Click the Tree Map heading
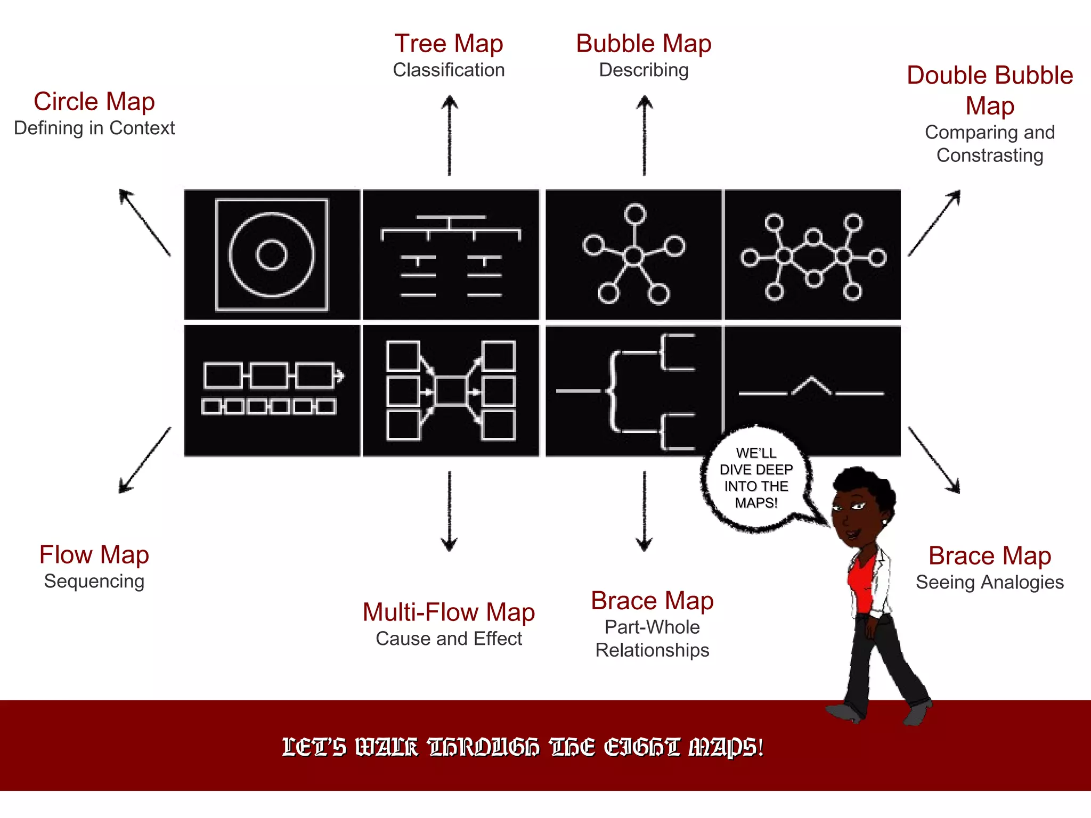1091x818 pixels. (x=449, y=44)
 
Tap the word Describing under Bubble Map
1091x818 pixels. (x=644, y=70)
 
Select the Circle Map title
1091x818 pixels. (x=94, y=102)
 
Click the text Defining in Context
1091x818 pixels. (x=94, y=128)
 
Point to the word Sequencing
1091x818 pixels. (x=94, y=582)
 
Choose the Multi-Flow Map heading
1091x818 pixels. (x=449, y=612)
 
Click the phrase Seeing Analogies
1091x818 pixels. (x=989, y=583)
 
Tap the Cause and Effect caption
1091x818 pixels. (x=449, y=639)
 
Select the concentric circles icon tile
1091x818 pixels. (x=272, y=255)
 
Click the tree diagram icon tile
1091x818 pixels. (x=451, y=255)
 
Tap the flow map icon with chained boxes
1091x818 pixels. (x=272, y=390)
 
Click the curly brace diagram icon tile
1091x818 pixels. (x=633, y=390)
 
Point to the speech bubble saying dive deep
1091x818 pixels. (x=756, y=478)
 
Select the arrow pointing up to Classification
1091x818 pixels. (x=450, y=135)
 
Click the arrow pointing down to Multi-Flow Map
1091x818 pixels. (x=450, y=511)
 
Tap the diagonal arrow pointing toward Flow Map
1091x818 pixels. (x=144, y=461)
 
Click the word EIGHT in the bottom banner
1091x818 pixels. (x=642, y=748)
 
